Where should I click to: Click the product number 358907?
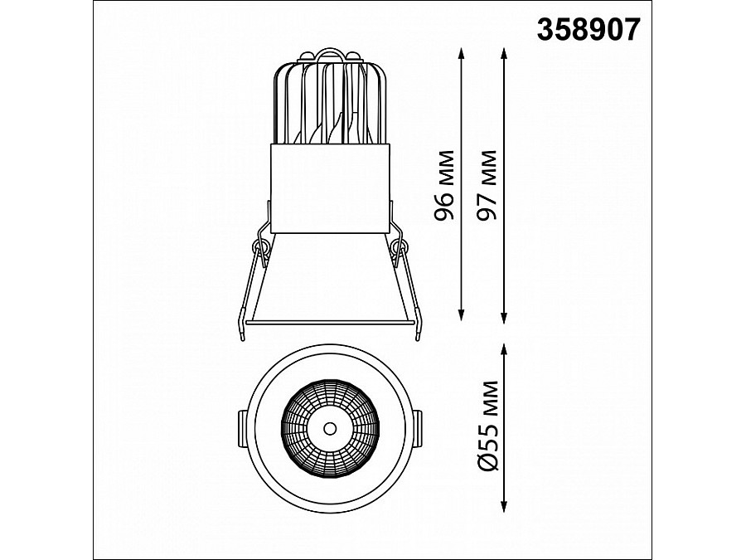[589, 30]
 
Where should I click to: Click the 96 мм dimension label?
[444, 185]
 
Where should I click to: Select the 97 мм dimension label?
[487, 185]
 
